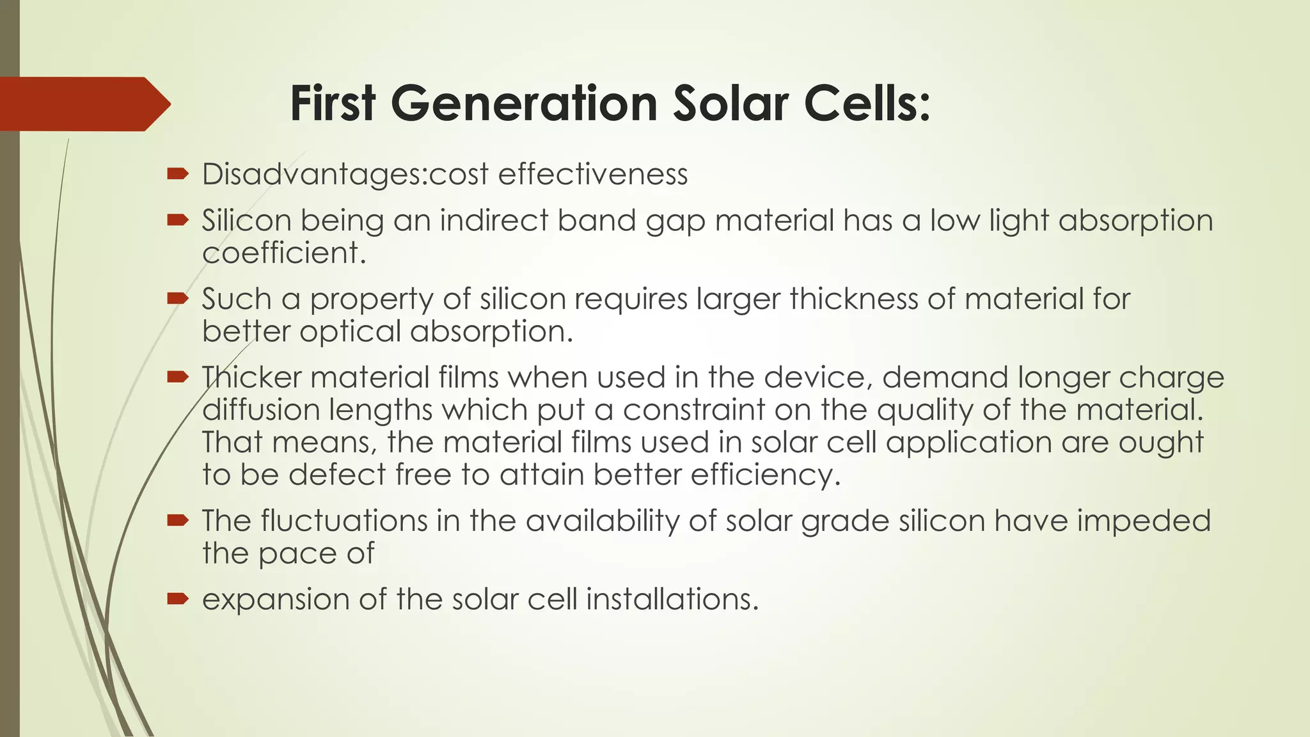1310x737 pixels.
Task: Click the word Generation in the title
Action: point(524,104)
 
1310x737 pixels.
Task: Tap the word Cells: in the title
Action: point(867,104)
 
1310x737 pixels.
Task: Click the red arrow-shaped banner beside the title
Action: point(83,104)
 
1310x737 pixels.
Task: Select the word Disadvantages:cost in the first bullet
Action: point(345,174)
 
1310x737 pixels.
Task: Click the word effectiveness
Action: point(592,174)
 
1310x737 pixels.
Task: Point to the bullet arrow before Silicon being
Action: point(177,221)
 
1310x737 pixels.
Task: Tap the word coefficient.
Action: point(284,253)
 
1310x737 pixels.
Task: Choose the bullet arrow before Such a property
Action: point(177,299)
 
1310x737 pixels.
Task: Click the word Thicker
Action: point(251,377)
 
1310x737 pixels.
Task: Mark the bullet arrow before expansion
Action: point(177,599)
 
